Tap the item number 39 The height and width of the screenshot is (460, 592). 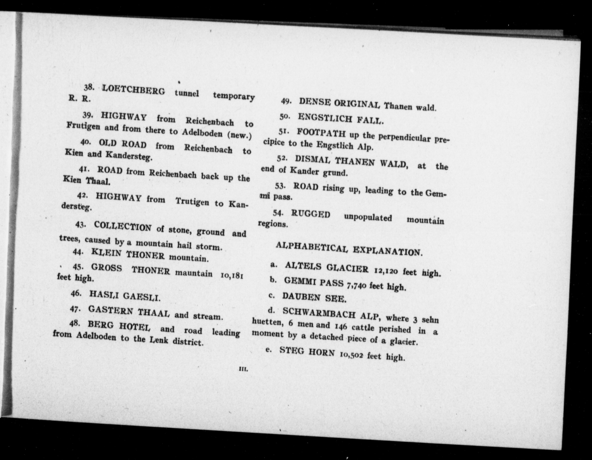[x=88, y=115]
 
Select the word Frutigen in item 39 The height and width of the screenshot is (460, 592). [x=83, y=126]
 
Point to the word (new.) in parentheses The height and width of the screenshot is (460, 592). [x=240, y=135]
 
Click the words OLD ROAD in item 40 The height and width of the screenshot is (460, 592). [x=123, y=144]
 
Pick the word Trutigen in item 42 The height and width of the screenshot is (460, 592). [x=192, y=202]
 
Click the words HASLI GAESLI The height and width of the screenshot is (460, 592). [x=125, y=296]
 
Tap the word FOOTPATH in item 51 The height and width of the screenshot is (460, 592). [x=321, y=133]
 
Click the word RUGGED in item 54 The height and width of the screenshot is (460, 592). [x=311, y=214]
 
